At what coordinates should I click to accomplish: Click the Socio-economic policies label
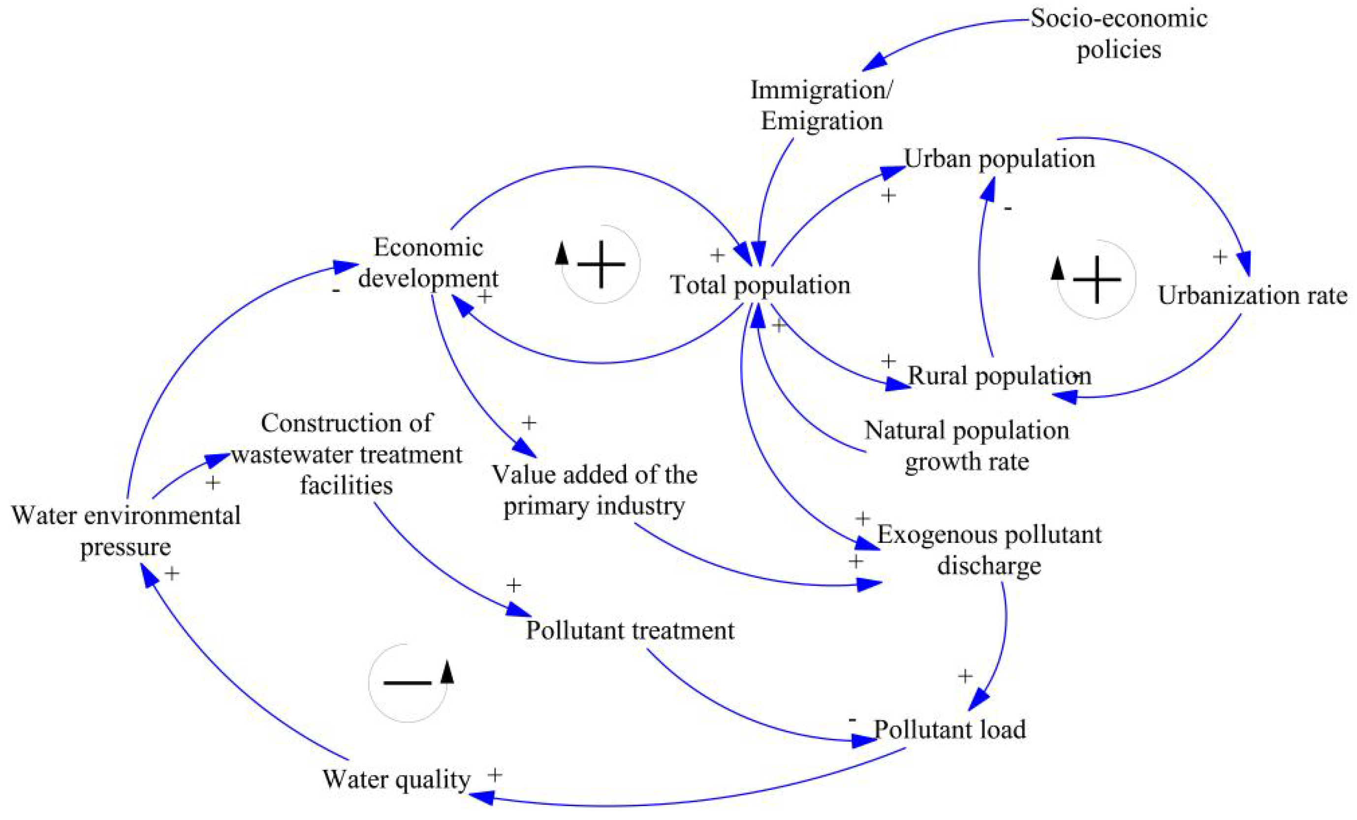coord(1119,34)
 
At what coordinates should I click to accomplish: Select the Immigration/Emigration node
coord(821,105)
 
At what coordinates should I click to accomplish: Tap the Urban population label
coord(999,159)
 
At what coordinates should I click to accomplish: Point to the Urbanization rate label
coord(1252,296)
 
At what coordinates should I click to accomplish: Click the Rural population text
coord(999,376)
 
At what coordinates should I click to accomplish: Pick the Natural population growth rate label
coord(967,445)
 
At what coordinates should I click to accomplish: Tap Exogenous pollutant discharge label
coord(989,550)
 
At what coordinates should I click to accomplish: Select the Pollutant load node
coord(949,729)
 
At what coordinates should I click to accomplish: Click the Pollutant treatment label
coord(630,630)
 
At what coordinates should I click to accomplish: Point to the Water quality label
coord(397,779)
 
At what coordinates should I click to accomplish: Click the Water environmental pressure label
coord(126,532)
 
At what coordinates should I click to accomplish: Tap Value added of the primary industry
coord(594,490)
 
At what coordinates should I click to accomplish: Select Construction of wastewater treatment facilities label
coord(347,454)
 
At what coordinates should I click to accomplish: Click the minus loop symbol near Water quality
coord(408,683)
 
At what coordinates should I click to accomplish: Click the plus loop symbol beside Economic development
coord(600,264)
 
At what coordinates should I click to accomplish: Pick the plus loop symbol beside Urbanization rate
coord(1097,280)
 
